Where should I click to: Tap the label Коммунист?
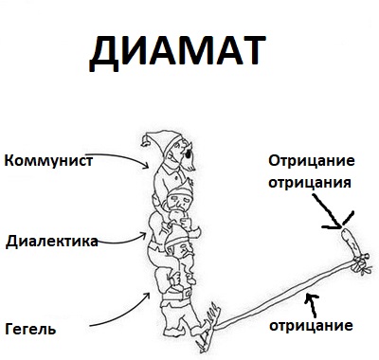(48, 161)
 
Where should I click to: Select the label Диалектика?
(52, 242)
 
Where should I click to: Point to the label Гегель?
(30, 329)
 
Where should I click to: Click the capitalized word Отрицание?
(312, 161)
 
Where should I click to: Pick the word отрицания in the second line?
(310, 182)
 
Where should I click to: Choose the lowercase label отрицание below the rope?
(311, 325)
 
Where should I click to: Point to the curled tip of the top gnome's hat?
(146, 141)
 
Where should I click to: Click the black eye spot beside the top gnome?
(188, 153)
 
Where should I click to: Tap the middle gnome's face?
(178, 200)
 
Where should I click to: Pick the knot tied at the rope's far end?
(360, 264)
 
